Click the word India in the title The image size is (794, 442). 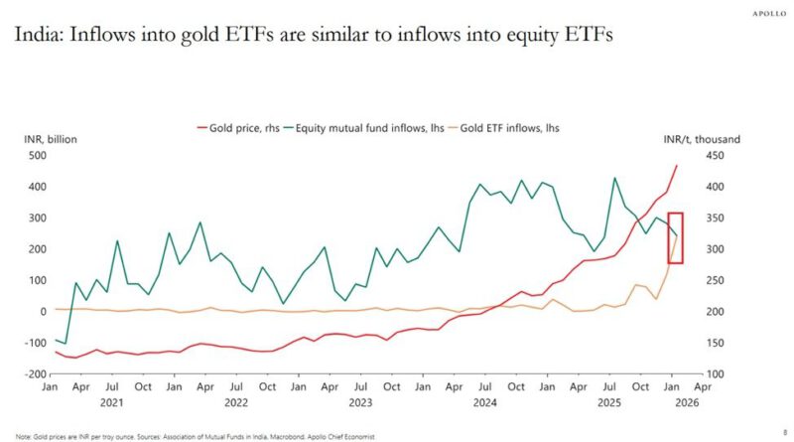click(x=36, y=36)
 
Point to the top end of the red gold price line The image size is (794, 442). click(x=678, y=166)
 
